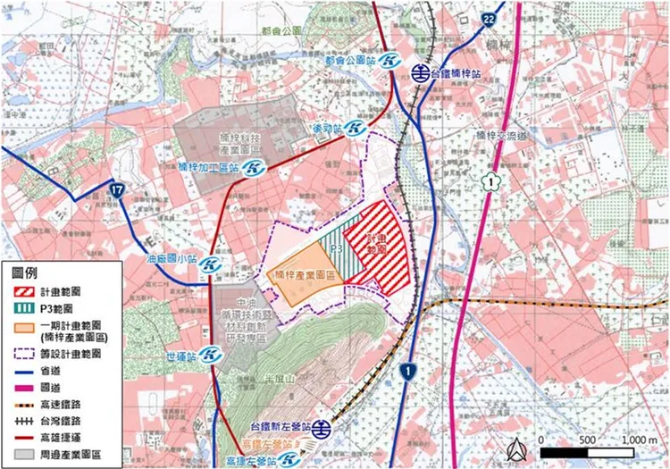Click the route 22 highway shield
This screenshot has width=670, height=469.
pyautogui.click(x=488, y=18)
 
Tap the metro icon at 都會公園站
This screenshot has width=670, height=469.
pyautogui.click(x=389, y=62)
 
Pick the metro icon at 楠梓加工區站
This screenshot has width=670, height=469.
pyautogui.click(x=254, y=167)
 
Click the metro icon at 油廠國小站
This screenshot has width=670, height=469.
pyautogui.click(x=211, y=265)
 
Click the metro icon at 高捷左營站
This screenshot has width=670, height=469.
pyautogui.click(x=288, y=460)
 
